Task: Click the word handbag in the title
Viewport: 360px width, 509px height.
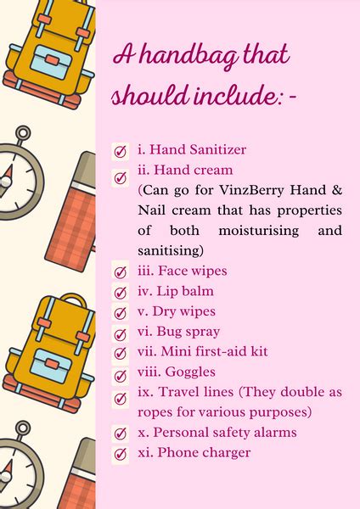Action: point(190,56)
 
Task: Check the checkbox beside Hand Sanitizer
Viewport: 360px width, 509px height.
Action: point(121,152)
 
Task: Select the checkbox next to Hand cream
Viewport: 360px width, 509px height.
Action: point(121,177)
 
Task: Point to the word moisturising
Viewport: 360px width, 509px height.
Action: point(259,231)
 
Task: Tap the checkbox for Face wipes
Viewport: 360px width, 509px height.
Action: point(121,271)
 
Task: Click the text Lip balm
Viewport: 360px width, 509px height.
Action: point(185,291)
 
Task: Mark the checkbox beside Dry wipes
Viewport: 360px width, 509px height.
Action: point(121,313)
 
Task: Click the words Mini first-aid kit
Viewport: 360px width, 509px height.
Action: point(214,351)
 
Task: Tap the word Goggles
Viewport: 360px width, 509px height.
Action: point(190,372)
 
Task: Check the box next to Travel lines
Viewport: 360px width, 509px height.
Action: point(121,399)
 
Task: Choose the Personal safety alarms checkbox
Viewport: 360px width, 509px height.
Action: point(121,433)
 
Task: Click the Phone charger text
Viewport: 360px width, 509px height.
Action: point(204,452)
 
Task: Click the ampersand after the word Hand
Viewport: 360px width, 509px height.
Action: point(337,189)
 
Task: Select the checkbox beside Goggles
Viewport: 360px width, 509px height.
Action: point(121,376)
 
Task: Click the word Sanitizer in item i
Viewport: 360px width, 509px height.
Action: point(218,149)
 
